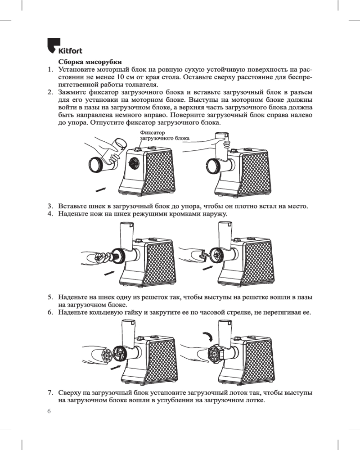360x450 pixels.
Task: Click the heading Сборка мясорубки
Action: tap(90, 62)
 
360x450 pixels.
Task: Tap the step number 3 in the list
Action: tap(50, 206)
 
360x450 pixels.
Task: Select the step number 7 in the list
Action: tap(50, 393)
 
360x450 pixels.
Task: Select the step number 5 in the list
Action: tap(50, 297)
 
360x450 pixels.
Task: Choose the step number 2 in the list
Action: tap(50, 92)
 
